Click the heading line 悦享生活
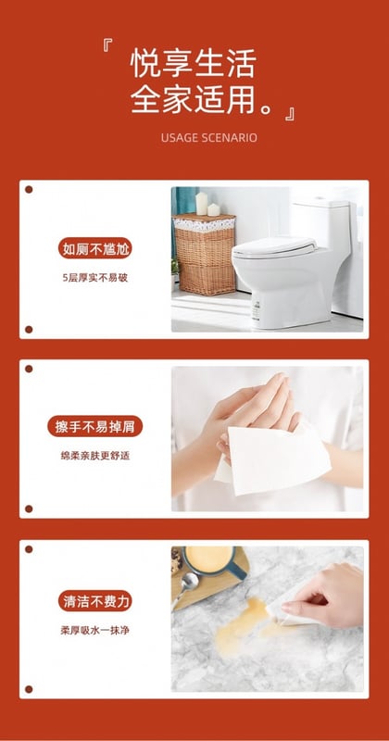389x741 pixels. tap(193, 63)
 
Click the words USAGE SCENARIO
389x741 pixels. tap(209, 137)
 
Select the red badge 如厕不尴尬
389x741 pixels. tap(95, 248)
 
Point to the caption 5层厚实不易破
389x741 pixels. tap(95, 277)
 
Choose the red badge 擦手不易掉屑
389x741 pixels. tap(95, 426)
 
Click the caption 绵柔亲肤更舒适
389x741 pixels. tap(95, 456)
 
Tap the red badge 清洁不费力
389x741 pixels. tap(95, 600)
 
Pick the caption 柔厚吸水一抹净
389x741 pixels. tap(95, 630)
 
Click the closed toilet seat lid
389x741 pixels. tap(274, 246)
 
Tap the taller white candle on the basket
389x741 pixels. tap(202, 204)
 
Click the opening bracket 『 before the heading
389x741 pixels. tap(107, 44)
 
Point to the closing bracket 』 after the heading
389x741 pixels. tap(290, 114)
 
